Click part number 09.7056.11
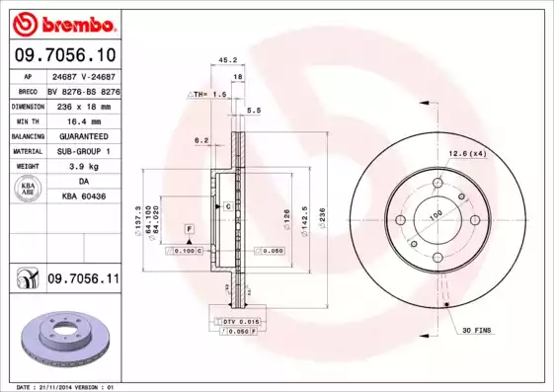coord(83,280)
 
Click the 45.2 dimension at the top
coord(225,60)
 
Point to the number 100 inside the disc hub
coord(435,213)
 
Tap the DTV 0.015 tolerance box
coord(237,322)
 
